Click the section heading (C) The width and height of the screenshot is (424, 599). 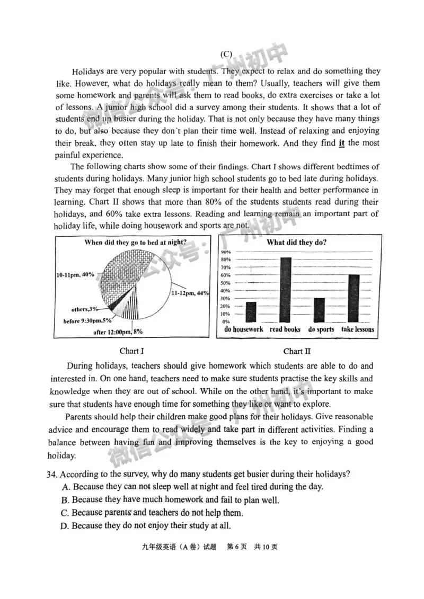226,54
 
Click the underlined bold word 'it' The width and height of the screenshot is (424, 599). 341,143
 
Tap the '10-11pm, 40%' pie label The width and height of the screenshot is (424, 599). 75,274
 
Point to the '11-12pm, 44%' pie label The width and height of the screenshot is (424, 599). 189,293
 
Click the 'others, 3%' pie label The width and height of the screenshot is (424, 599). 85,309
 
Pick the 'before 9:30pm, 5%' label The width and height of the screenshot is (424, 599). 87,320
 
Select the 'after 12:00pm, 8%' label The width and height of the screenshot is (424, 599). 118,332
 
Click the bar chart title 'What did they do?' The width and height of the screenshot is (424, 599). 296,243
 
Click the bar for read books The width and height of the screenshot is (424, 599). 285,290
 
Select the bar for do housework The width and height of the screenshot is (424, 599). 251,311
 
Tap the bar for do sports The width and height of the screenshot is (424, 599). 319,310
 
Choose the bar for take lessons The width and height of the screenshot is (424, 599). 354,298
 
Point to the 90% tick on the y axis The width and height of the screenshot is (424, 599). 226,252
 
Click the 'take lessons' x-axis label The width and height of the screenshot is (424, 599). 357,329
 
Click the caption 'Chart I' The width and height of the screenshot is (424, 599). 132,351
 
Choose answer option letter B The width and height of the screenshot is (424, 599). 65,500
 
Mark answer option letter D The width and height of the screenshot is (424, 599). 65,526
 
